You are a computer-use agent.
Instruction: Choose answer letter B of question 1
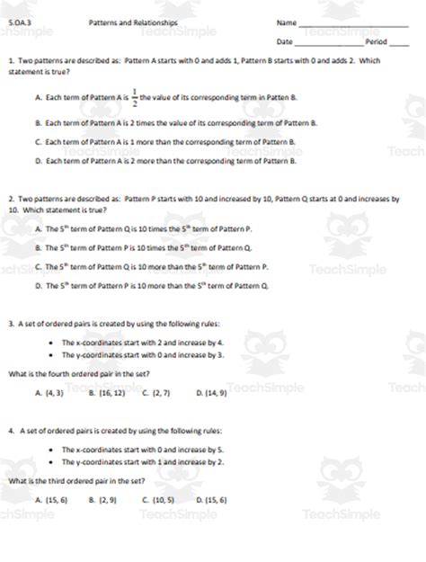point(37,122)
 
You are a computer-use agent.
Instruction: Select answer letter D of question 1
point(37,162)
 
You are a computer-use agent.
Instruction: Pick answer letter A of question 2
point(37,228)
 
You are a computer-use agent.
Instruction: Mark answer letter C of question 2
point(37,266)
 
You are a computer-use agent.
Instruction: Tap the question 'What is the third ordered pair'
point(71,481)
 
